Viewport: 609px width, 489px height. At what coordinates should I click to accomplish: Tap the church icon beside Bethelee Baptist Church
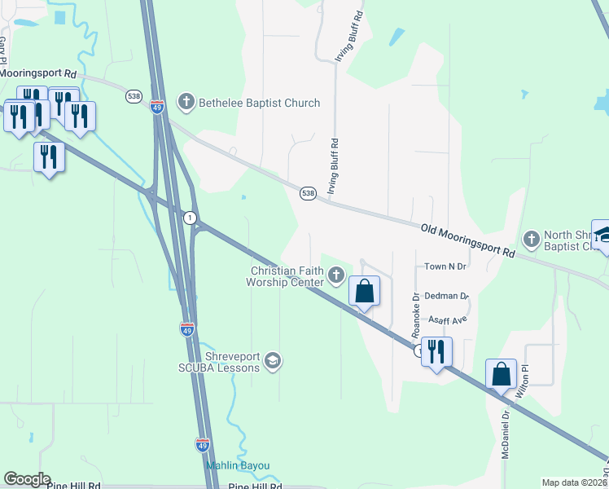click(186, 103)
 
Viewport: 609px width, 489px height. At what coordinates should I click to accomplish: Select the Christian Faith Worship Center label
click(287, 276)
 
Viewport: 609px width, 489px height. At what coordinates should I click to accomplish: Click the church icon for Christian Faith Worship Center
click(336, 277)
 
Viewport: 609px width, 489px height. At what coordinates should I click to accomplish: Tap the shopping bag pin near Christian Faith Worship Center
click(364, 291)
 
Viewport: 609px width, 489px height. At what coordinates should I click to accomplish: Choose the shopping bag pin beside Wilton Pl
click(501, 374)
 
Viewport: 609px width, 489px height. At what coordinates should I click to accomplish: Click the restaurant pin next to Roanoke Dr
click(436, 352)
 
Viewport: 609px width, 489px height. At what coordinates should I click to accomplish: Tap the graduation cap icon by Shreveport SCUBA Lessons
click(274, 361)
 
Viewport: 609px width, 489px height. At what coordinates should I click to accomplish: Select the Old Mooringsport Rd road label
click(468, 240)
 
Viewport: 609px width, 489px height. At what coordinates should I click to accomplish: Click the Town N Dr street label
click(445, 267)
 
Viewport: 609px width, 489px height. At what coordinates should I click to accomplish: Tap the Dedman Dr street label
click(448, 297)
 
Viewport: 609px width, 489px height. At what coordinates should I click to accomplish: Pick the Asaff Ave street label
click(448, 320)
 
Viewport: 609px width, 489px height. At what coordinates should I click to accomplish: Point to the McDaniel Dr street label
click(506, 434)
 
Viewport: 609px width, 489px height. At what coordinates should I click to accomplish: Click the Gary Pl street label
click(4, 50)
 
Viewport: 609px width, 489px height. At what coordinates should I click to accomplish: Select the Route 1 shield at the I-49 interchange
click(190, 218)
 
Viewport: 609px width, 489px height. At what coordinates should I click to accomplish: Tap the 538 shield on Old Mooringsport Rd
click(307, 193)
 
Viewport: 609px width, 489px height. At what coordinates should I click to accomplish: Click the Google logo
click(26, 479)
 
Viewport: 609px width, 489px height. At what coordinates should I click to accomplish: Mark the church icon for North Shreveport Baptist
click(532, 239)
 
